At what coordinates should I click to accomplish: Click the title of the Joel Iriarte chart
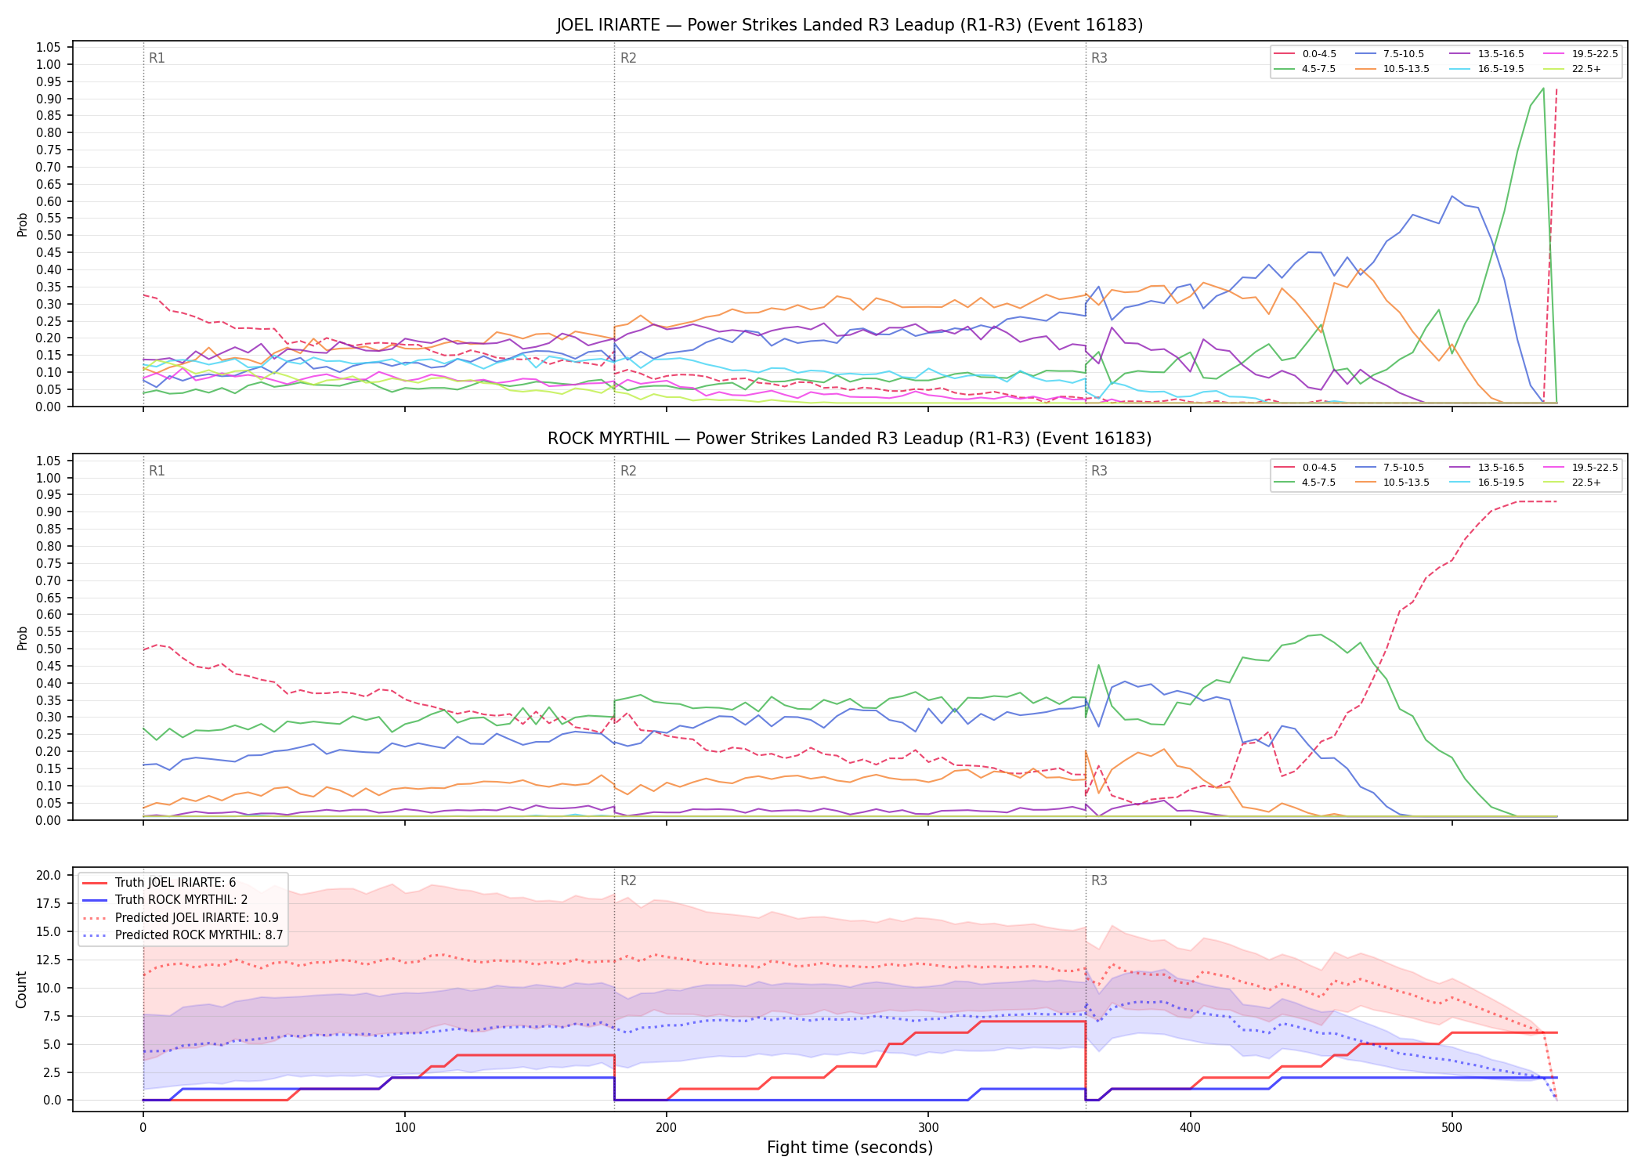(x=850, y=25)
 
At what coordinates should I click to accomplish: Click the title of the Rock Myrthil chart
(x=850, y=439)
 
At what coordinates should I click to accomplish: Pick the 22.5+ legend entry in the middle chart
(x=1573, y=483)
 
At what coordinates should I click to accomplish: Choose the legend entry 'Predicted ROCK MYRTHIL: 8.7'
(x=183, y=935)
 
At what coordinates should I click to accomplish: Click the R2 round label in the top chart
(x=628, y=58)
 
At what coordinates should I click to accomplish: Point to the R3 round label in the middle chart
(x=1099, y=471)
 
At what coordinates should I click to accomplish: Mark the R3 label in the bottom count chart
(x=1099, y=880)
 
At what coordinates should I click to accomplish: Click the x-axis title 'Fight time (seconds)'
(x=850, y=1148)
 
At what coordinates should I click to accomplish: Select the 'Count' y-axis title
(x=21, y=989)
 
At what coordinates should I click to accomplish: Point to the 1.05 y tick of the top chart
(x=49, y=48)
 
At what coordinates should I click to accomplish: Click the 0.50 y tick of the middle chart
(x=49, y=649)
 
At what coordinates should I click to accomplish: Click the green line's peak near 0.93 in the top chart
(x=1543, y=89)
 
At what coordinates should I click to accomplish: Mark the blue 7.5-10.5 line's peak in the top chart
(x=1452, y=196)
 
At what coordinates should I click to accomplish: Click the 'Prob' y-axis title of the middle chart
(x=22, y=638)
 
